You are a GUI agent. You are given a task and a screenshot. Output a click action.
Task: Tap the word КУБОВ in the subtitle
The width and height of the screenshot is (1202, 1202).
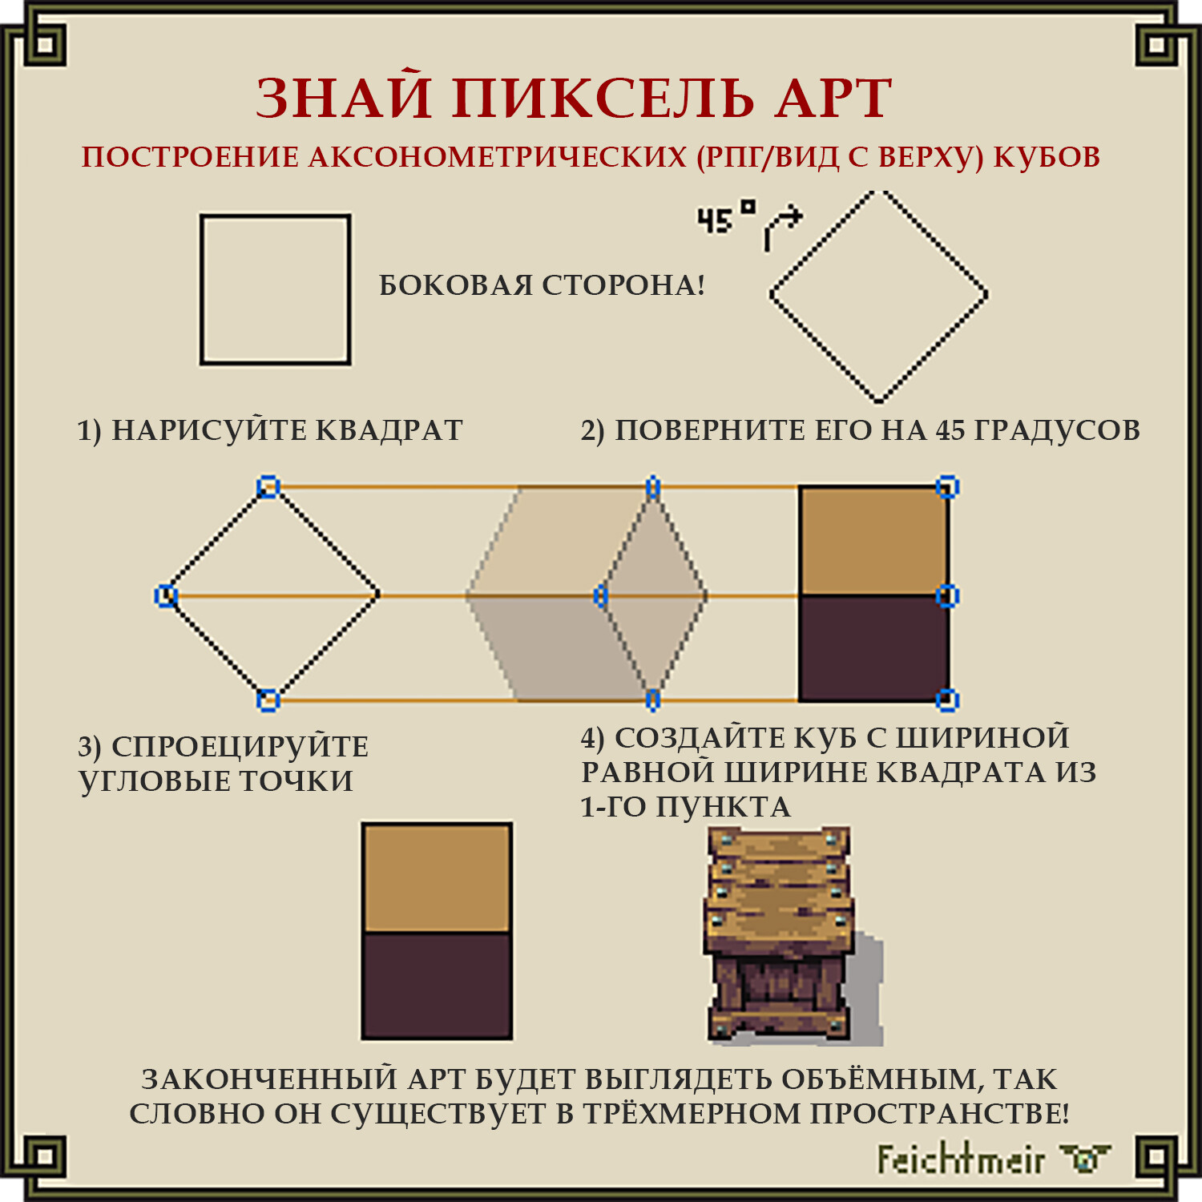coord(1047,157)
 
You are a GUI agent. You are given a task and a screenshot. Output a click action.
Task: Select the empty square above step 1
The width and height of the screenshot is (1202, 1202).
coord(201,289)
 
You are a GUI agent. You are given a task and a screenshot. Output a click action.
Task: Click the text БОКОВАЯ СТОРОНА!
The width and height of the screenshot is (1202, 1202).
coord(542,285)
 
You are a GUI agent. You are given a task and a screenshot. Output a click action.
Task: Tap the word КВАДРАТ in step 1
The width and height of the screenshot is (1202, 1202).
coord(389,430)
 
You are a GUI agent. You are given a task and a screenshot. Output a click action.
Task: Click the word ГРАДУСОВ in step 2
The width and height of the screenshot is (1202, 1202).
coord(1057,431)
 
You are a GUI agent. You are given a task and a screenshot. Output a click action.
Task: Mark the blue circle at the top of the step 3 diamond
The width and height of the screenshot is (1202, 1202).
coord(268,486)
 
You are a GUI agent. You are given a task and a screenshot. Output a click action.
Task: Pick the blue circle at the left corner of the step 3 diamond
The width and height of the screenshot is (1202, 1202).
coord(166,595)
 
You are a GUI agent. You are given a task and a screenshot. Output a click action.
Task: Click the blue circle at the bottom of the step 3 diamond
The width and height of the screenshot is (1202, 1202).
coord(268,700)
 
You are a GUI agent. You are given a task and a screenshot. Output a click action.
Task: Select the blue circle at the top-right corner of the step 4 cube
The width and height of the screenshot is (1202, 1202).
coord(947,486)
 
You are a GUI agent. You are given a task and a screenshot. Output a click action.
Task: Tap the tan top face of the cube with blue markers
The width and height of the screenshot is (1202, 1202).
coord(873,541)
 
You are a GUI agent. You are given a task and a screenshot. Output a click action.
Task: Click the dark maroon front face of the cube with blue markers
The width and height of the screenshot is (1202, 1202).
coord(873,648)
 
